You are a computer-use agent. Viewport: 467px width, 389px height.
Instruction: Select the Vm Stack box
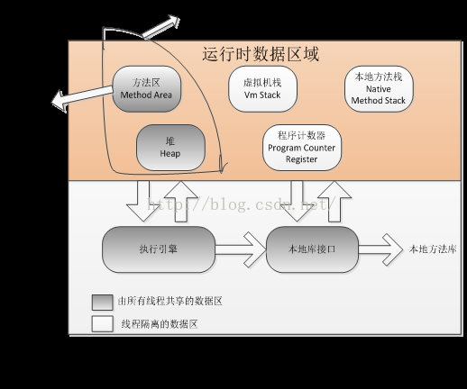[262, 88]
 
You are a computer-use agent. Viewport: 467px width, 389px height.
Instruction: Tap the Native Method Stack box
[379, 88]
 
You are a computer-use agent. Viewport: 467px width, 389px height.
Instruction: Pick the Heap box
[170, 148]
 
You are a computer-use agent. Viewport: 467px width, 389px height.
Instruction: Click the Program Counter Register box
[302, 148]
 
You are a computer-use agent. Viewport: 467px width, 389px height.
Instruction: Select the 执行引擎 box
[159, 249]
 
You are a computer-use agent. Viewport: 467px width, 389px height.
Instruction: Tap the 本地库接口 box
[311, 249]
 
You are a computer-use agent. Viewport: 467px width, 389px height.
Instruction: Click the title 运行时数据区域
[261, 55]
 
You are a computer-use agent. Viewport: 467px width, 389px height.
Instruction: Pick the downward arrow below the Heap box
[142, 200]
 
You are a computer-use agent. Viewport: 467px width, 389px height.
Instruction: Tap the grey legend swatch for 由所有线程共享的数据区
[101, 302]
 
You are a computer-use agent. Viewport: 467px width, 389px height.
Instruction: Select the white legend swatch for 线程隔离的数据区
[101, 323]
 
